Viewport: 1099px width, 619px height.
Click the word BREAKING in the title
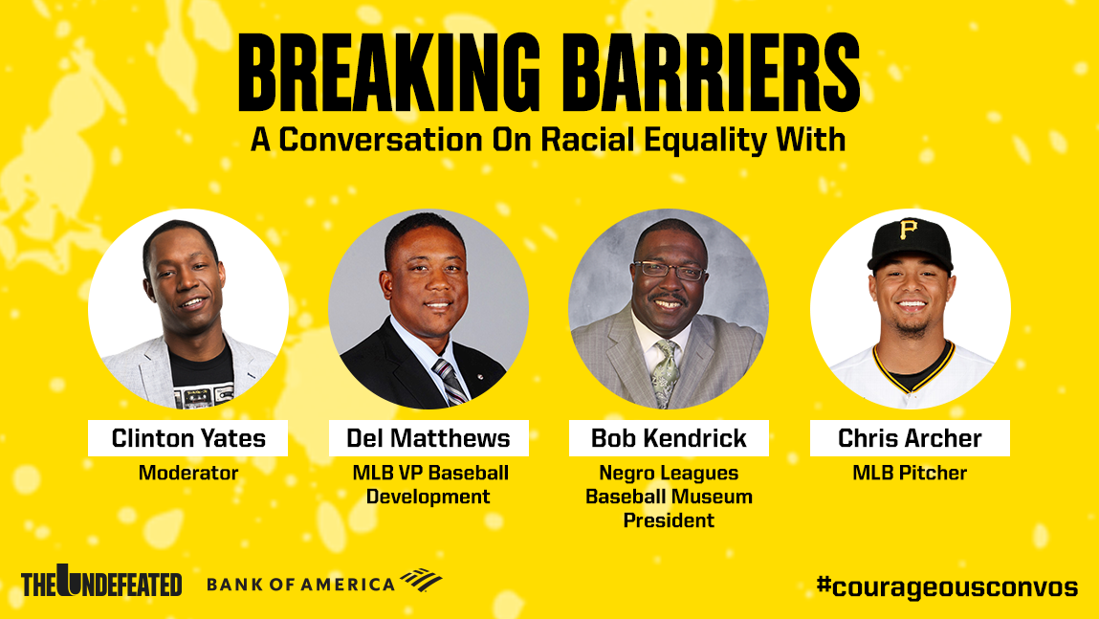pos(389,73)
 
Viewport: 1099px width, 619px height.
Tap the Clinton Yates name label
pos(187,438)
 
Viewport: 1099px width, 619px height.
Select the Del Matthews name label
pos(429,438)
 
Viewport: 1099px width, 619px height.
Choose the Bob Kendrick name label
pos(669,438)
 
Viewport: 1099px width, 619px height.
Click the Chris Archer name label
pos(910,438)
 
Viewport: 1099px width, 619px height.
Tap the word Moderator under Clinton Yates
pos(187,474)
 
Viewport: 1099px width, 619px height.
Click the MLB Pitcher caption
pos(910,474)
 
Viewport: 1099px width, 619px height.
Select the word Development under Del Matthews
pos(429,497)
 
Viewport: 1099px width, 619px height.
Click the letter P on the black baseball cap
pos(909,230)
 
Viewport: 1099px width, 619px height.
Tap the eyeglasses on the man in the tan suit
pos(669,270)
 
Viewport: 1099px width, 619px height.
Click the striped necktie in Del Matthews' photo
pos(451,382)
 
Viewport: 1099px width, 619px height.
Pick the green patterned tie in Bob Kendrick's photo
pos(666,372)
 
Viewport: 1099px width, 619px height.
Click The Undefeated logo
pos(101,581)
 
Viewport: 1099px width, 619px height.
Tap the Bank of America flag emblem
pos(421,580)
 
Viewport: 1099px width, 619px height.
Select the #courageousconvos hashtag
pos(947,586)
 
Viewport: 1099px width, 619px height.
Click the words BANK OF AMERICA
pos(300,584)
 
